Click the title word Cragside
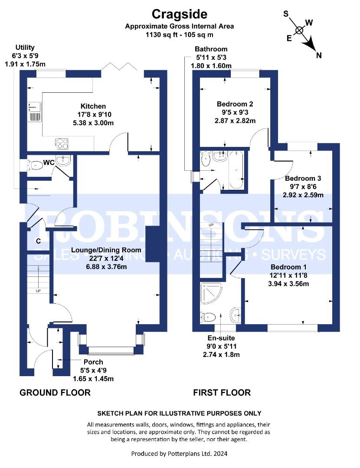coord(180,14)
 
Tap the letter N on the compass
coord(319,55)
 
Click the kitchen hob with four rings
coord(62,143)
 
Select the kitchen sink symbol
coord(35,112)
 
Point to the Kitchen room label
coord(93,106)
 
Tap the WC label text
coord(49,162)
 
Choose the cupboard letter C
coord(38,241)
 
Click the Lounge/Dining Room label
coord(106,250)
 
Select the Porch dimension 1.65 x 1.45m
coord(94,379)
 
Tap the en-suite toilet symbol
coord(208,317)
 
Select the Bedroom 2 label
coord(235,104)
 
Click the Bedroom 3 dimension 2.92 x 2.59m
coord(303,195)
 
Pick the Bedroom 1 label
coord(288,267)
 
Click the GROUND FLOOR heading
coord(55,393)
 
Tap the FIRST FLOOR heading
coord(222,393)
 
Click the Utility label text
coord(25,48)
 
